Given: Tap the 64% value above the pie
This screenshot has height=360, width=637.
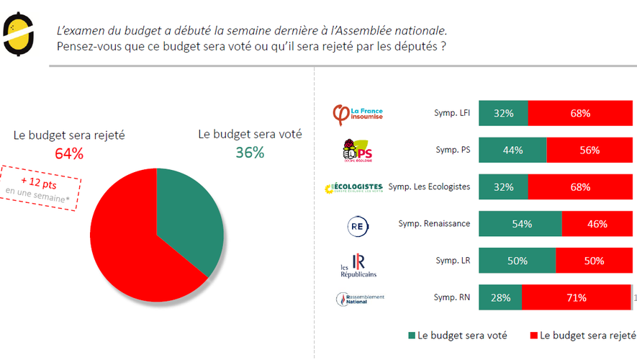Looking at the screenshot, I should pos(69,153).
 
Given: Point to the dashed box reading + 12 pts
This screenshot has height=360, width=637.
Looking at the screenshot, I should pos(39,186).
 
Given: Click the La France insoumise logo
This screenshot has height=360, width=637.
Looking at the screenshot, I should pos(357,114).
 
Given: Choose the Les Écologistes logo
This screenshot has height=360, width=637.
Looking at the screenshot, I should pos(353,187).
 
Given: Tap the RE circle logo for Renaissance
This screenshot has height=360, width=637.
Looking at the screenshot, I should pos(358,226).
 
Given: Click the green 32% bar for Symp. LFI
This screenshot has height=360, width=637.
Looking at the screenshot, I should pos(503,113).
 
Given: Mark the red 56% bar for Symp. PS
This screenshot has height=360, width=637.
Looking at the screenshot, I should pos(589,150).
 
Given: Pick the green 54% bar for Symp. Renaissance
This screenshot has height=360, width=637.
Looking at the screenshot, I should pos(520,224).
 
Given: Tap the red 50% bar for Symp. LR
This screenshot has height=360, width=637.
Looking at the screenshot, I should pos(594,261).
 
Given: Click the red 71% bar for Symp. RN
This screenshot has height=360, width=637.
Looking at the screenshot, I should pos(577,297).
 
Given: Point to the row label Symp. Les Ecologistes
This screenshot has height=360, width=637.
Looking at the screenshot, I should pos(429,186).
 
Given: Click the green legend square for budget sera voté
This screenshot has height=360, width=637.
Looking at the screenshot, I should pos(411,336).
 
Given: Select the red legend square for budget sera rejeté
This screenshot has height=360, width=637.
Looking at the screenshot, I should pos(533,336).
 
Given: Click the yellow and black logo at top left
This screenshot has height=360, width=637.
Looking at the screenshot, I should pos(19,34).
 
